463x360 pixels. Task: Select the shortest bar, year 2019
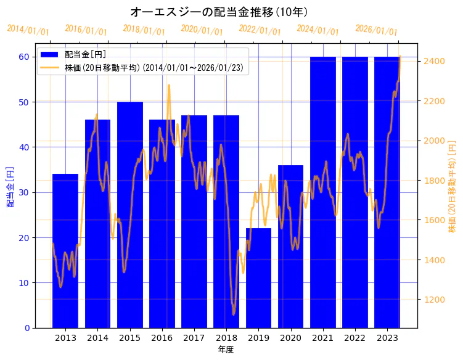coord(258,278)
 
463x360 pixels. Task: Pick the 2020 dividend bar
coord(290,247)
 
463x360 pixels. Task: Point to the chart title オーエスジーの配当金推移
coord(219,12)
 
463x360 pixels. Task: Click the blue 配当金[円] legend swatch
coord(49,55)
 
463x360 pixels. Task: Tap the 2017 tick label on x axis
coord(194,338)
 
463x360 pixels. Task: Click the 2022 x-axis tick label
coord(354,338)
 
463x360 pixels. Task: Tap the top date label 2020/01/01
coord(202,30)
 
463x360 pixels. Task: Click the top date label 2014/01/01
coord(28,30)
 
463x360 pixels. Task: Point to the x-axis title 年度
coord(226,350)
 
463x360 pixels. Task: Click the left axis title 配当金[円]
coord(10,187)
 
